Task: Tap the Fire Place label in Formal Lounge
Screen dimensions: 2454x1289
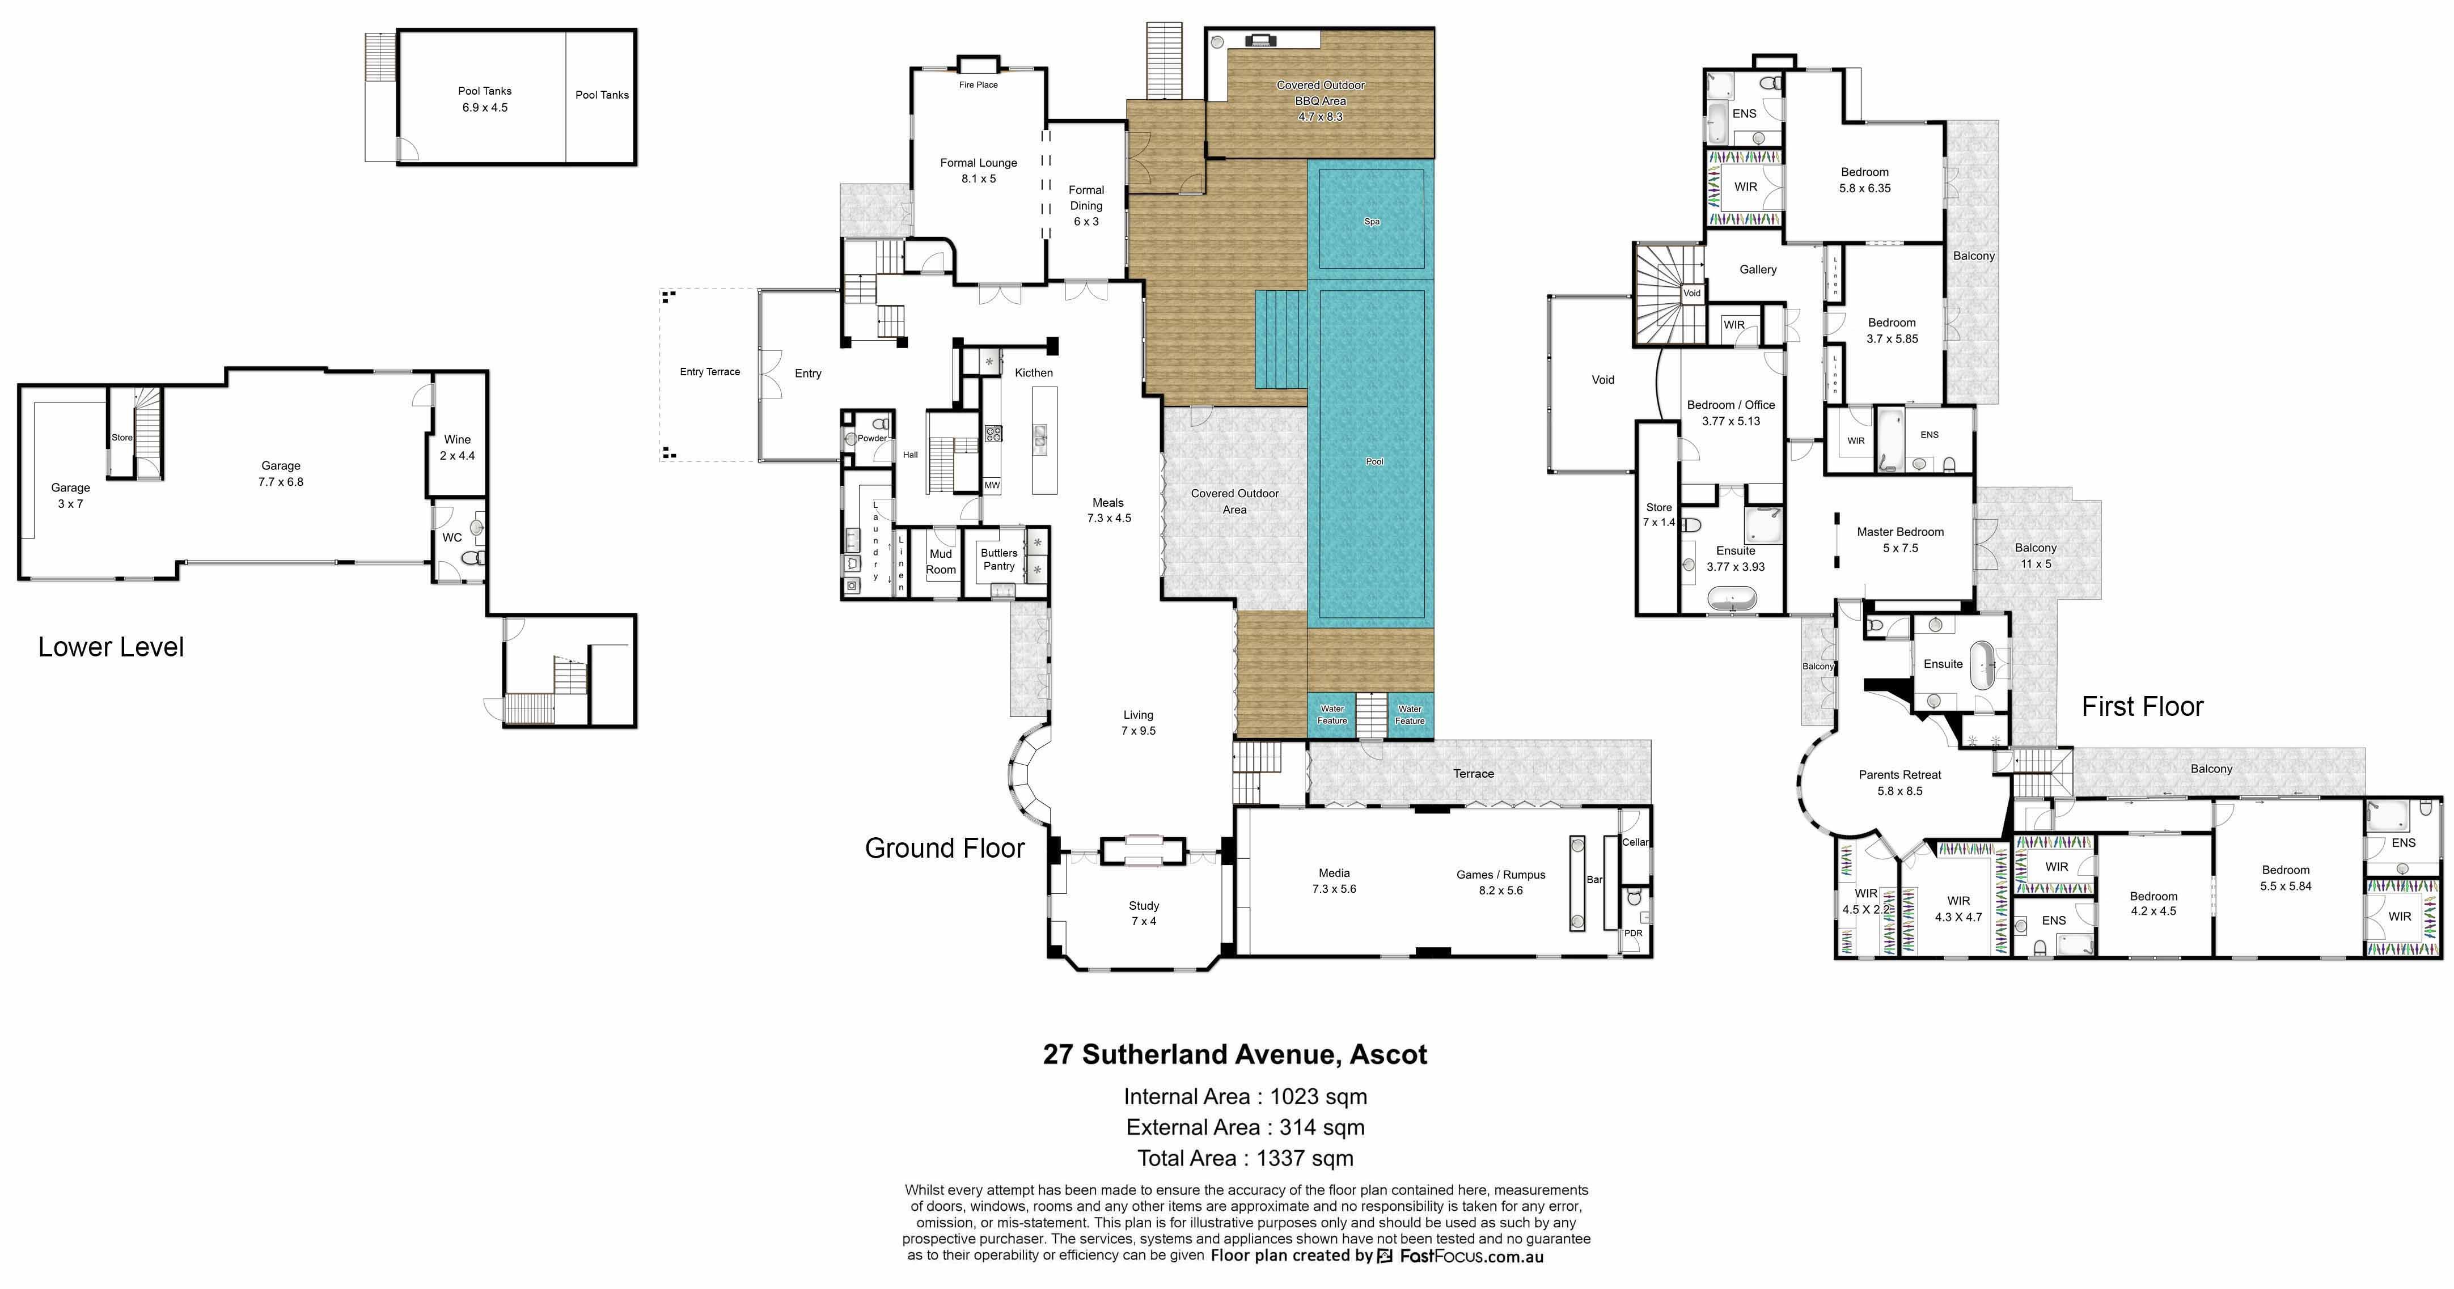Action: [978, 85]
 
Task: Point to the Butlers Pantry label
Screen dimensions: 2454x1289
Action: [999, 559]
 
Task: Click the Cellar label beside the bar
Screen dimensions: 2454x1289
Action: [1636, 842]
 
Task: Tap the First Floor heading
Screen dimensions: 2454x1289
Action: [2143, 706]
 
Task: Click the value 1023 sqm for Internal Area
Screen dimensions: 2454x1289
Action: [1318, 1096]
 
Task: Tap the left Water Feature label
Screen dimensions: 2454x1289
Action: [1332, 715]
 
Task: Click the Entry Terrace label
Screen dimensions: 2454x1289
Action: [710, 371]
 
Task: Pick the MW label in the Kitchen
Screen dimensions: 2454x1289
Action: [992, 485]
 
